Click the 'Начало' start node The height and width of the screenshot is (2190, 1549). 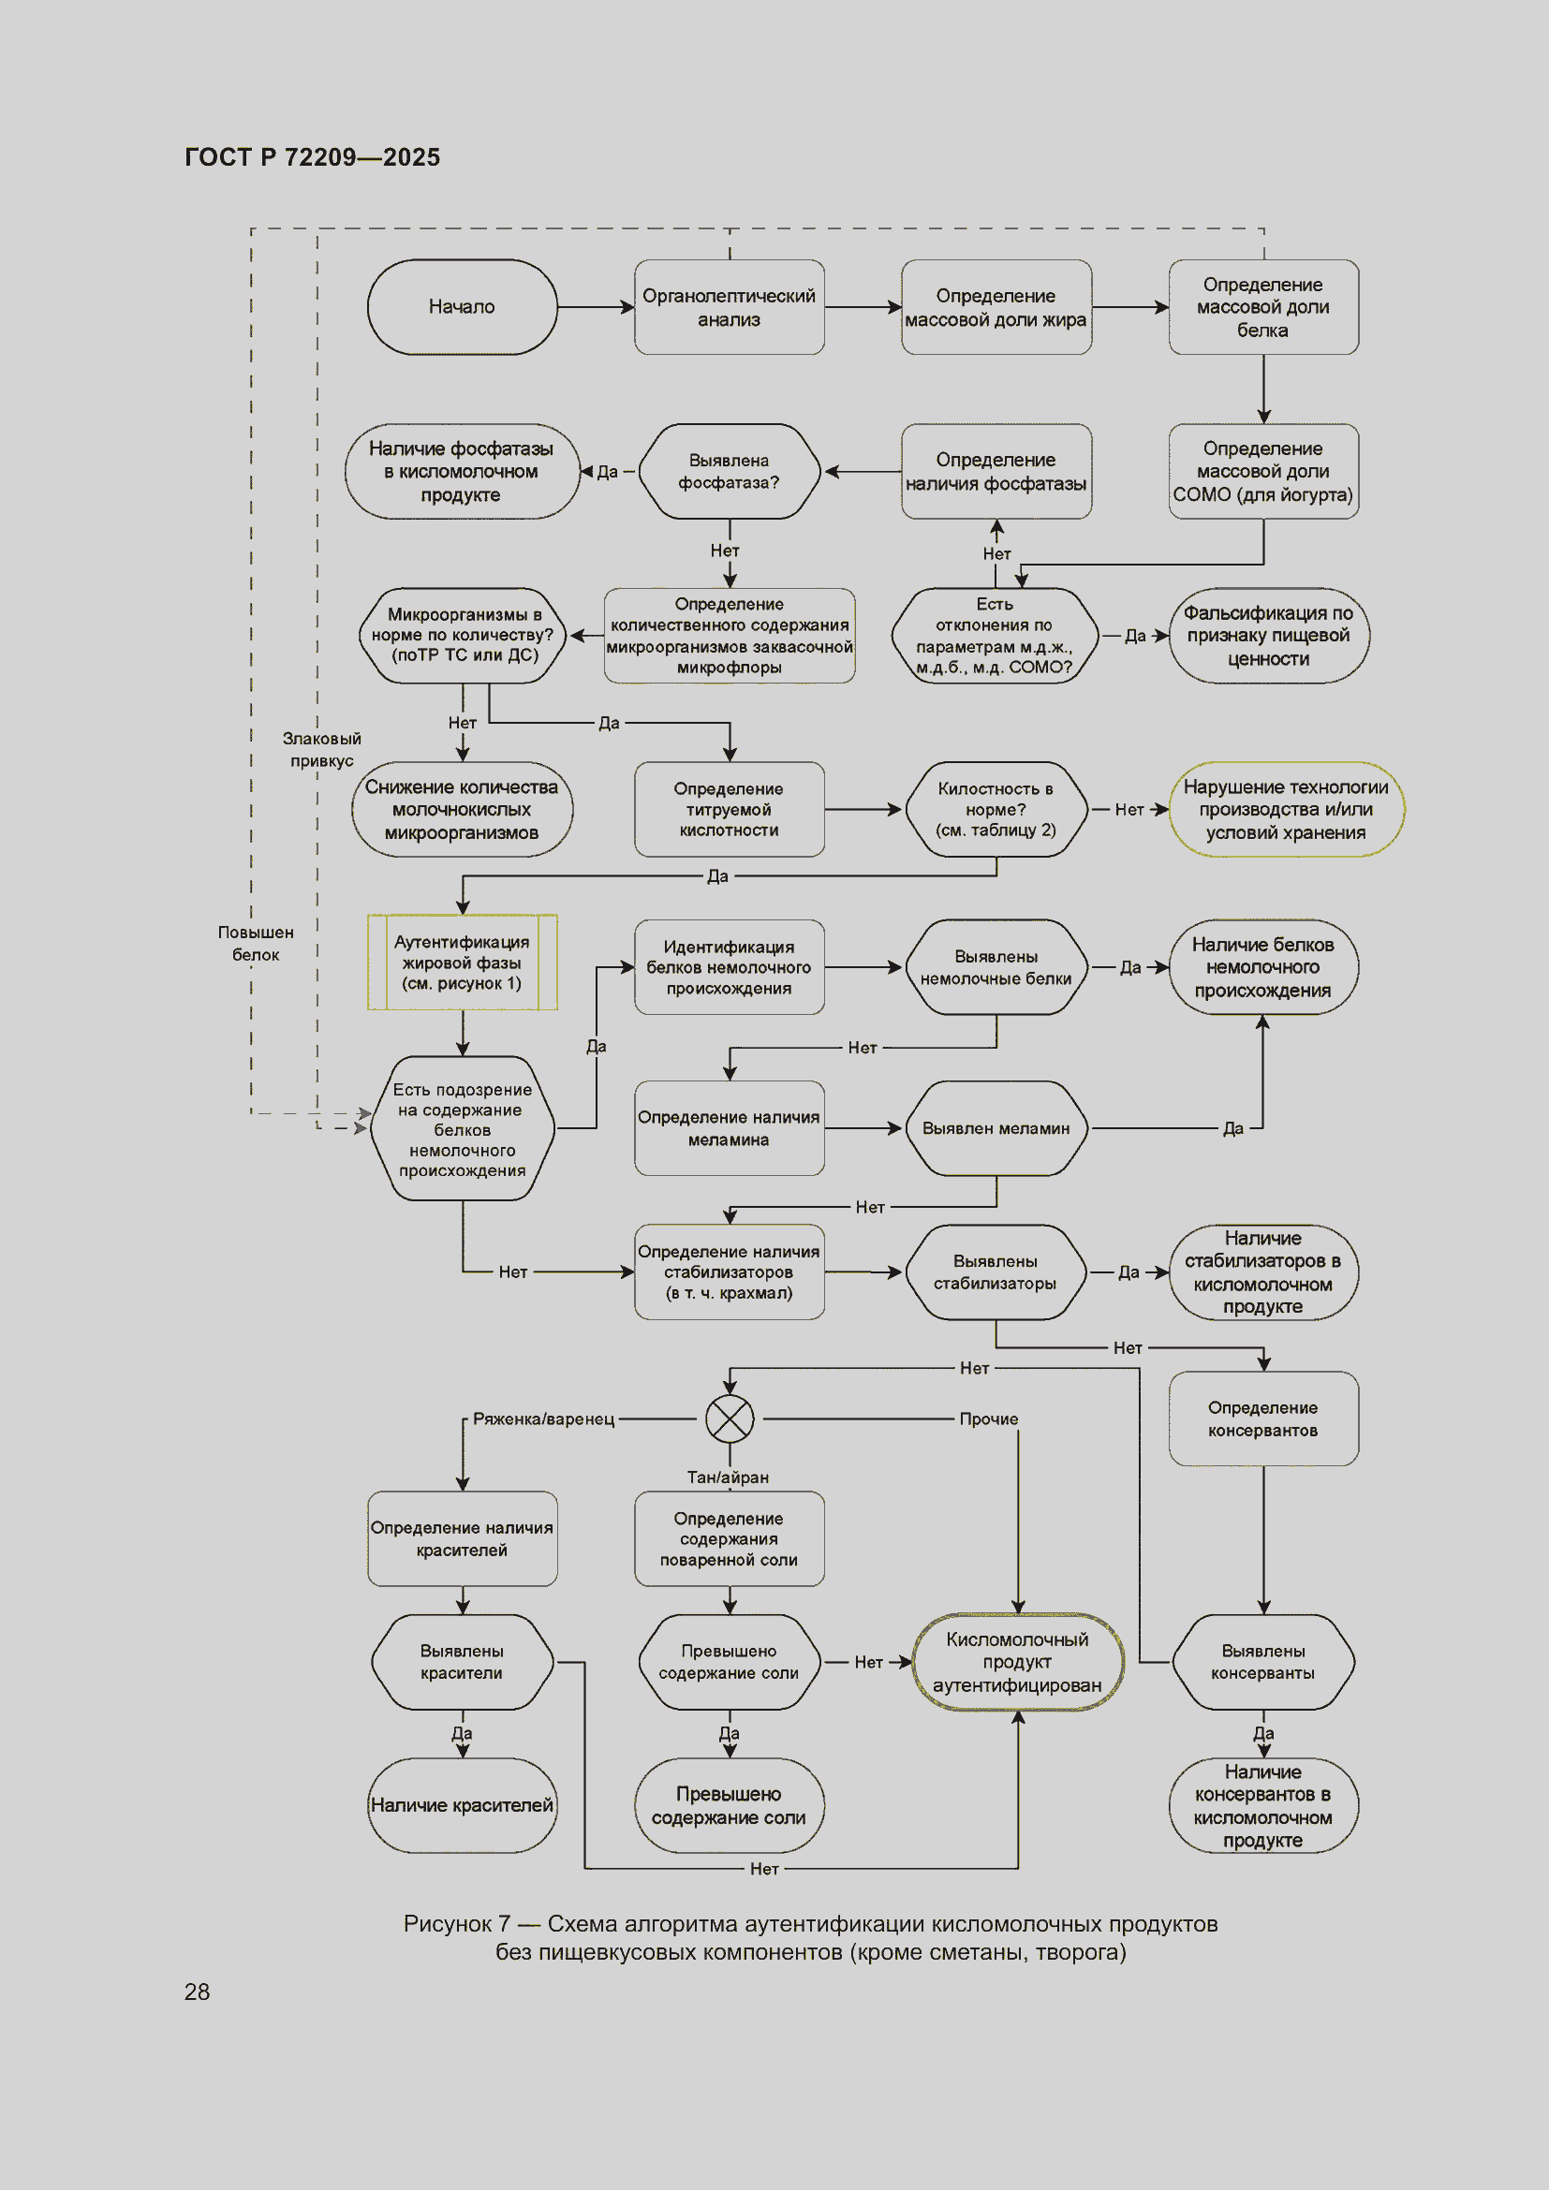(x=463, y=307)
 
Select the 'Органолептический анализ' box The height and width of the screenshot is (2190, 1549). (x=730, y=307)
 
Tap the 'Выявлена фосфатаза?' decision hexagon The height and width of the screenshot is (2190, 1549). (x=730, y=471)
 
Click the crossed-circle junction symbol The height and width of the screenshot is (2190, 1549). (x=730, y=1418)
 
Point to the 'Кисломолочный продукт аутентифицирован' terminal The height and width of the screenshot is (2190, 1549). (x=1018, y=1662)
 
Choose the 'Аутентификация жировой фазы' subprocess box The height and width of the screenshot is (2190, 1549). (x=463, y=963)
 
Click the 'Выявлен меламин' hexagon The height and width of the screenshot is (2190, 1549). (x=996, y=1128)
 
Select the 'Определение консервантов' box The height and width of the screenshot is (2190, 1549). (x=1263, y=1418)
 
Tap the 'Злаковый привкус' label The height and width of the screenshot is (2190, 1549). (x=322, y=750)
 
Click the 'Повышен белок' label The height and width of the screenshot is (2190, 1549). (x=256, y=944)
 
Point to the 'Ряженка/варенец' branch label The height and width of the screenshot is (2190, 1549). (x=544, y=1419)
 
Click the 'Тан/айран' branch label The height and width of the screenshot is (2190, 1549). (x=728, y=1477)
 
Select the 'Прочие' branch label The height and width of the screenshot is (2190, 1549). (x=989, y=1419)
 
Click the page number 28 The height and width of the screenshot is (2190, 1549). (x=198, y=1992)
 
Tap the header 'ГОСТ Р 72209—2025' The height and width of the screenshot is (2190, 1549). (x=313, y=157)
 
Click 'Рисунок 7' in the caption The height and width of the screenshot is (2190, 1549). (x=457, y=1924)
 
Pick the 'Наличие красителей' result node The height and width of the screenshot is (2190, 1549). (x=463, y=1804)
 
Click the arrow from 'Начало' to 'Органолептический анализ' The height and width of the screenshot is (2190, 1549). (x=597, y=307)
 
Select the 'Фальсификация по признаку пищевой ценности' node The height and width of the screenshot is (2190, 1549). (x=1270, y=635)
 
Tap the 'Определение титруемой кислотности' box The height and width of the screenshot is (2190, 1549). (x=730, y=809)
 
